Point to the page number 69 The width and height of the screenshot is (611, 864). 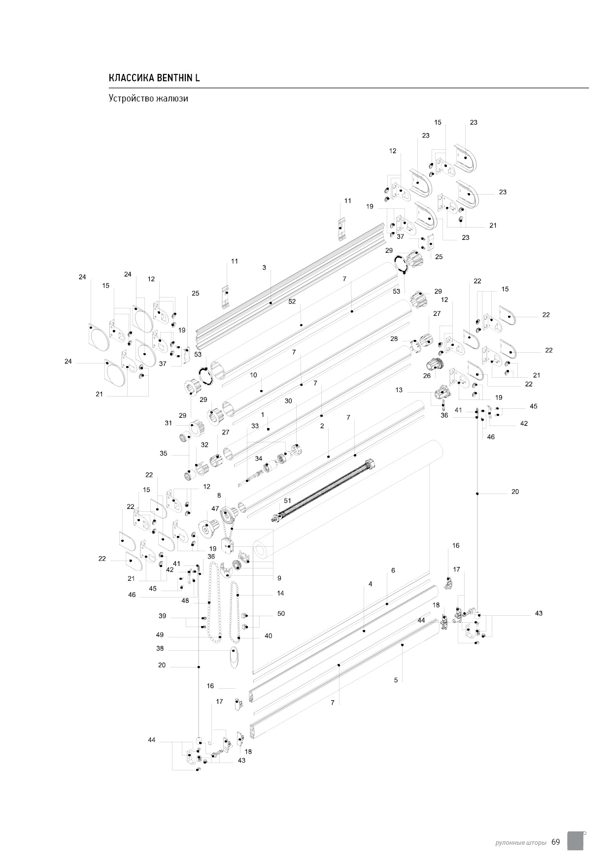556,842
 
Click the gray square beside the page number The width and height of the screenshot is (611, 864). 575,840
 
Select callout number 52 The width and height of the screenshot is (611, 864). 292,301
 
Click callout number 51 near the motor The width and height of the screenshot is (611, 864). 287,500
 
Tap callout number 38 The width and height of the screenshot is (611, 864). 160,649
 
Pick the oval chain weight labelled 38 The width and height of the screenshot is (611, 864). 234,657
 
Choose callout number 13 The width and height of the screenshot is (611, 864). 399,390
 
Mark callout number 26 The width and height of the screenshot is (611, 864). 427,375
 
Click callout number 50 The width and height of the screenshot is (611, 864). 281,614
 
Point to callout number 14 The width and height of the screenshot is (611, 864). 280,593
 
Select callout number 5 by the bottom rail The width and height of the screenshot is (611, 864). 396,680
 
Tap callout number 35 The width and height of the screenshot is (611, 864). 164,453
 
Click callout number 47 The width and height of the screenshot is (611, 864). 215,508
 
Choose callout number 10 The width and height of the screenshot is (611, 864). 253,375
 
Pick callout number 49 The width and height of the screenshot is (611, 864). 160,635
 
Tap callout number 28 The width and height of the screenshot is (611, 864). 394,339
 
